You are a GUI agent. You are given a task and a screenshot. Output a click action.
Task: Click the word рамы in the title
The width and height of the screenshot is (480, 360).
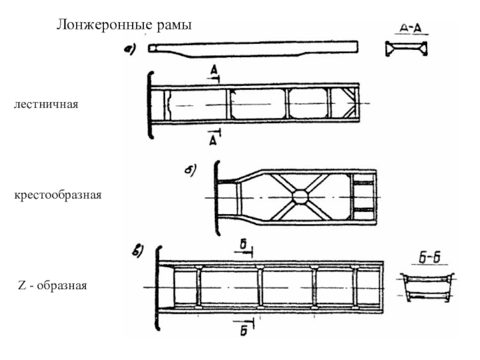pyautogui.click(x=173, y=25)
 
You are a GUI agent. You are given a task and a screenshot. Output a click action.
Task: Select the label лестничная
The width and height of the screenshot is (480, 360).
pyautogui.click(x=46, y=105)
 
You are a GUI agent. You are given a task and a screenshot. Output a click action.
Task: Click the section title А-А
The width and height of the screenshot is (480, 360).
pyautogui.click(x=411, y=28)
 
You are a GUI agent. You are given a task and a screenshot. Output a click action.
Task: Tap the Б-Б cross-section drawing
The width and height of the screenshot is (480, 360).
pyautogui.click(x=427, y=287)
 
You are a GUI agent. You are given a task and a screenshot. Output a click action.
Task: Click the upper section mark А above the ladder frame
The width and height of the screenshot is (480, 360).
pyautogui.click(x=214, y=72)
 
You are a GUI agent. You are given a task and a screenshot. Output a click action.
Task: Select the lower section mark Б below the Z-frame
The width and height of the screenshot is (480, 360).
pyautogui.click(x=244, y=332)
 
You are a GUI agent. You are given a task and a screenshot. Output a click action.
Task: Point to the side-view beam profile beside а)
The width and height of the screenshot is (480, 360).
pyautogui.click(x=253, y=47)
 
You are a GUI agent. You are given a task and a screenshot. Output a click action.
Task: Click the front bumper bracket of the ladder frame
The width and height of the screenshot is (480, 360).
pyautogui.click(x=150, y=106)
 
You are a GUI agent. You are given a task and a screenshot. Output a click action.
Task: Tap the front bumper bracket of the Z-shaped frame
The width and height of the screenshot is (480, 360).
pyautogui.click(x=158, y=288)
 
